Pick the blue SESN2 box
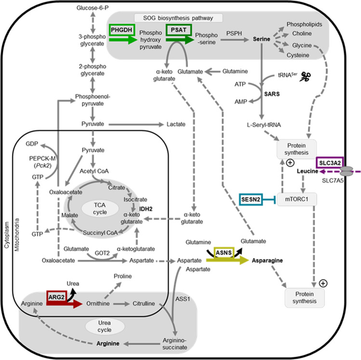(251, 198)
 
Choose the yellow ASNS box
(225, 252)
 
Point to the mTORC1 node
(299, 198)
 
